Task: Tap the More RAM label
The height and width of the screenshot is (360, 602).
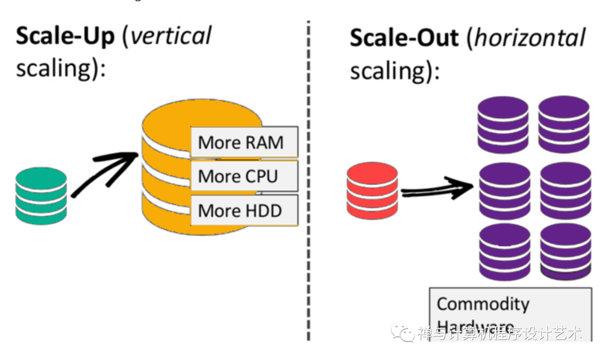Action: tap(241, 143)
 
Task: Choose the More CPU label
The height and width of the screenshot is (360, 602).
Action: tap(238, 177)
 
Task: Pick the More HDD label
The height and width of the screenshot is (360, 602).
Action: tap(240, 211)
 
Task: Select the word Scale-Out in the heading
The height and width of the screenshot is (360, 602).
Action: tap(404, 38)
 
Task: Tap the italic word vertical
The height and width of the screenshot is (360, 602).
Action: tap(171, 37)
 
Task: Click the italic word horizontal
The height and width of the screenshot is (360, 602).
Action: tap(530, 38)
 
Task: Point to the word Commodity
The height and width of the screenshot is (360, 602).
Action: tap(483, 304)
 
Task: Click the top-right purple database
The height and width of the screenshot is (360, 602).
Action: tap(564, 124)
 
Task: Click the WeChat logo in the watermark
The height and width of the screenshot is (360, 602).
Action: tap(403, 333)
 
